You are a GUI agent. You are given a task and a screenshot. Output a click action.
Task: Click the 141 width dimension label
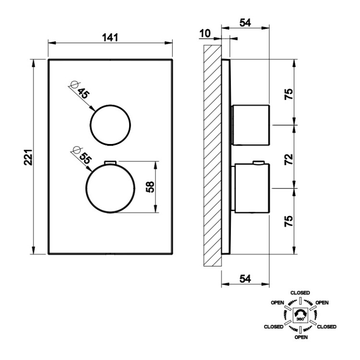coord(110,37)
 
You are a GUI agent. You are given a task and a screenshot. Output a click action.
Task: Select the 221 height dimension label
coord(28,157)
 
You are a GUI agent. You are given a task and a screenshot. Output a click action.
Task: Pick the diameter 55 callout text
coord(82,156)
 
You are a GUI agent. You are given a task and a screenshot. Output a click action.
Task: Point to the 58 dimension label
coord(150,187)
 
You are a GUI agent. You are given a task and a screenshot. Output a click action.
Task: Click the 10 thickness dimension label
coord(205,34)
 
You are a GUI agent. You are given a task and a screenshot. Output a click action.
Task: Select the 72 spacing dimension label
coord(289,159)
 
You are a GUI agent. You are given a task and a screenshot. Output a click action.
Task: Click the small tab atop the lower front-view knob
coord(110,163)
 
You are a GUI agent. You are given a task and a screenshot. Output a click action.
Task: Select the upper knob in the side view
coord(251,125)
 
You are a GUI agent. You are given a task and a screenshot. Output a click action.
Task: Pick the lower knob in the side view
coord(252,188)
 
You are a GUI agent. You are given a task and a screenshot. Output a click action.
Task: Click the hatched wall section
coord(213,156)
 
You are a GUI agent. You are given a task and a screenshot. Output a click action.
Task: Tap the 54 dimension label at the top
coord(245,23)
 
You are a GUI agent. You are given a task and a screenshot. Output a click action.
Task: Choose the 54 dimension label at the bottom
coord(245,279)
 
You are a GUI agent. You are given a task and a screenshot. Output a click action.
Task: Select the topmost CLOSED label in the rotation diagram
coord(300,293)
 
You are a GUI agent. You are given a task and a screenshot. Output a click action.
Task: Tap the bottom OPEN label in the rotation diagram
coord(301,337)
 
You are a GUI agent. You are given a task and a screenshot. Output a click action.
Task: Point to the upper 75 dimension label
coord(289,94)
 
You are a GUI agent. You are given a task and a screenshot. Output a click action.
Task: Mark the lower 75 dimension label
coord(289,221)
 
